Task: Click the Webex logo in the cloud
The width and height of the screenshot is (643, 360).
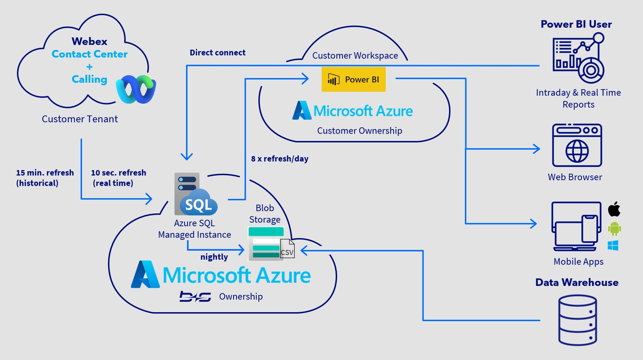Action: [136, 90]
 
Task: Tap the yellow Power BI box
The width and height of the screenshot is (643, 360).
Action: [353, 79]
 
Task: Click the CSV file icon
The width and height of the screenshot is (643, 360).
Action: [287, 249]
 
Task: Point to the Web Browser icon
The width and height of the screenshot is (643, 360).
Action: [577, 145]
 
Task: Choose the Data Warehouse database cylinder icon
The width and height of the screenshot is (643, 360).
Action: [577, 320]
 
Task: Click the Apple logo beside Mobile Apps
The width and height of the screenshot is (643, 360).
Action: [614, 209]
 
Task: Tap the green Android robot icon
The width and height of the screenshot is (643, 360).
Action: [614, 228]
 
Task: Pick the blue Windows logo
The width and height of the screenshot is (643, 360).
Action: [613, 246]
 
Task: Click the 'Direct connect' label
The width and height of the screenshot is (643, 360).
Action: [217, 53]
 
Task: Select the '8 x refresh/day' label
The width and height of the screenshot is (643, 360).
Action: [280, 159]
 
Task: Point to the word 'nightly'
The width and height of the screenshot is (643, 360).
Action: [214, 257]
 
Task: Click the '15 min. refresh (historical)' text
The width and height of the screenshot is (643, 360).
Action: [45, 178]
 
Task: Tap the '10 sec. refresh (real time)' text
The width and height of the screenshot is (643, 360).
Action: [118, 178]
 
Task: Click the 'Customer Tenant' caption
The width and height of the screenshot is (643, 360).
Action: [80, 119]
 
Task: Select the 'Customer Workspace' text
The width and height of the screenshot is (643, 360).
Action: [355, 56]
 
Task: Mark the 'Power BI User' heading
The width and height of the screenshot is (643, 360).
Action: [576, 24]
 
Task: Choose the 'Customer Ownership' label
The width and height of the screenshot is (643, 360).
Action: [359, 131]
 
